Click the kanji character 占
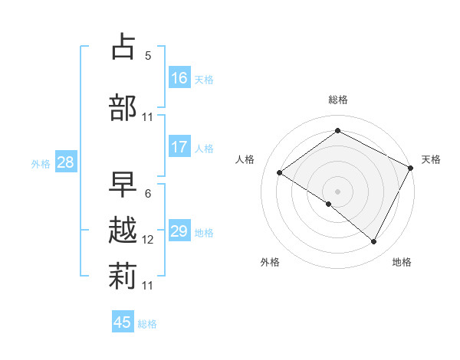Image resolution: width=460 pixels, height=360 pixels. [x=123, y=47]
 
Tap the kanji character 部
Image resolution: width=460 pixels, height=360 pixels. [x=123, y=107]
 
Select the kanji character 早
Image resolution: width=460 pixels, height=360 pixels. [x=123, y=185]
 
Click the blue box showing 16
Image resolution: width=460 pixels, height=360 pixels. [x=179, y=78]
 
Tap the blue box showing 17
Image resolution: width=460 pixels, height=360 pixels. [x=179, y=147]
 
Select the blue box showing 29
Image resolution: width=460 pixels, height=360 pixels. [x=179, y=231]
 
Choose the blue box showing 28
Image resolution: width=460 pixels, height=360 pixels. [x=65, y=162]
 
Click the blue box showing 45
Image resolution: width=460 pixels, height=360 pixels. [x=123, y=322]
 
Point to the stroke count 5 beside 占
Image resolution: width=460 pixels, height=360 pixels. [x=148, y=55]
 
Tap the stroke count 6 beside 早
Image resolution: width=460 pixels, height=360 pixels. [x=148, y=193]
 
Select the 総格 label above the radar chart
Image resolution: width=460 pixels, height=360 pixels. [x=338, y=100]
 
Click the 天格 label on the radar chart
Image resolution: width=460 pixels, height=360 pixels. [x=431, y=159]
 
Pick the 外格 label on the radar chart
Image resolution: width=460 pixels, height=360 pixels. [x=270, y=262]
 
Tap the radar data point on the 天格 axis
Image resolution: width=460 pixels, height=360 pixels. [x=410, y=168]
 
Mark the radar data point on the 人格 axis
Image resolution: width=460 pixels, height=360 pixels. [x=280, y=173]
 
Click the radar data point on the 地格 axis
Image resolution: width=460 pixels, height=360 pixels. [x=374, y=241]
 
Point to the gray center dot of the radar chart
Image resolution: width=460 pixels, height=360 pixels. [x=337, y=191]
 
